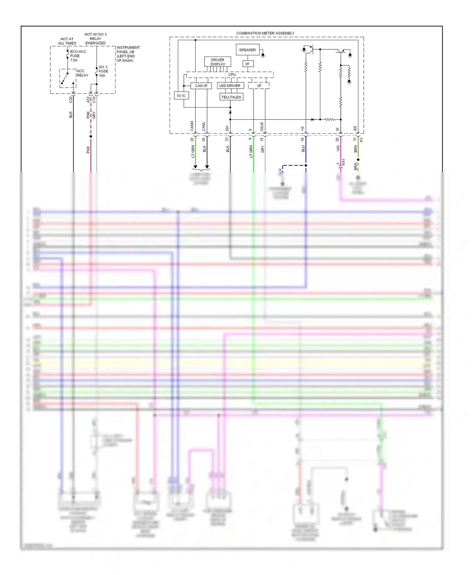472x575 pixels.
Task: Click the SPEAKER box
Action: (247, 50)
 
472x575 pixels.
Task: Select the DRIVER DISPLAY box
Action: (218, 62)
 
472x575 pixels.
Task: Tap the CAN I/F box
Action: (201, 86)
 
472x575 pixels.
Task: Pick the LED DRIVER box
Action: (230, 86)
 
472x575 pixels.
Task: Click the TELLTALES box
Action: (231, 97)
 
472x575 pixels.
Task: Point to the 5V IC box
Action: (181, 96)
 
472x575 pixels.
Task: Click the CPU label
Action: (232, 75)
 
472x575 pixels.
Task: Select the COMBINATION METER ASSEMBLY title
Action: (265, 33)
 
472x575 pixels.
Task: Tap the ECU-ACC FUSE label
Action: (78, 56)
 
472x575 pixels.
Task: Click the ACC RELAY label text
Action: (82, 73)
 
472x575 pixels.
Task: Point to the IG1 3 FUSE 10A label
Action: (103, 71)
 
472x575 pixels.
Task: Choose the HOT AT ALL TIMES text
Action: (67, 41)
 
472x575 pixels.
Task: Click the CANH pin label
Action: (192, 126)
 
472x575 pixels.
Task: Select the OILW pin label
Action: (262, 126)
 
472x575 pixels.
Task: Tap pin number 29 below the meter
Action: (192, 139)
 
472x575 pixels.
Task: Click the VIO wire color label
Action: (338, 148)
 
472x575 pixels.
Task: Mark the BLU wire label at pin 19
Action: (303, 148)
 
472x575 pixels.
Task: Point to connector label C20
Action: (71, 99)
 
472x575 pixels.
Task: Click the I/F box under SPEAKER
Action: (247, 64)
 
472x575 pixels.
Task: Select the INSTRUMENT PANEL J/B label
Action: (128, 54)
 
